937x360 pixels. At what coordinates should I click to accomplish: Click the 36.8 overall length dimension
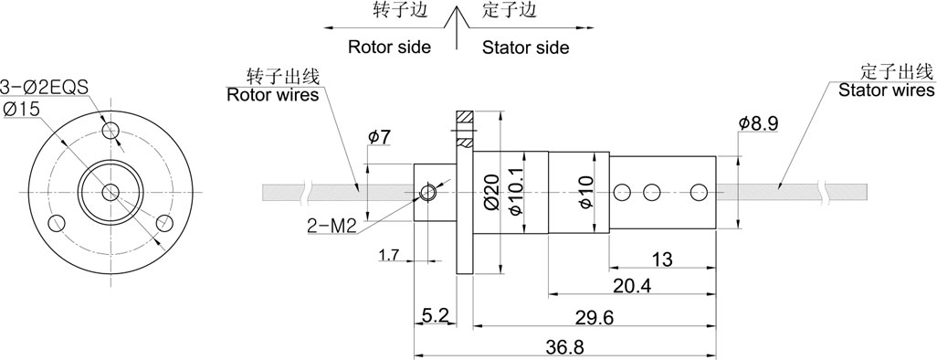564,347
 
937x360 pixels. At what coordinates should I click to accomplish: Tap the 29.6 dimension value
595,318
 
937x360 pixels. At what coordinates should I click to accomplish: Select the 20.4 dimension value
632,286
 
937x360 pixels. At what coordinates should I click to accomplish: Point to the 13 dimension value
662,259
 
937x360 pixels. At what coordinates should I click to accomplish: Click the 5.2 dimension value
435,315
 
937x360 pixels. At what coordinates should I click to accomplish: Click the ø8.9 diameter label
758,123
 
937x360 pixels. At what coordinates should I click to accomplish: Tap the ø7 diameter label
380,137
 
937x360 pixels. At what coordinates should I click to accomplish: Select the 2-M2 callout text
332,226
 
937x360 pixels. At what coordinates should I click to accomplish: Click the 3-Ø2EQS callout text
44,88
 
